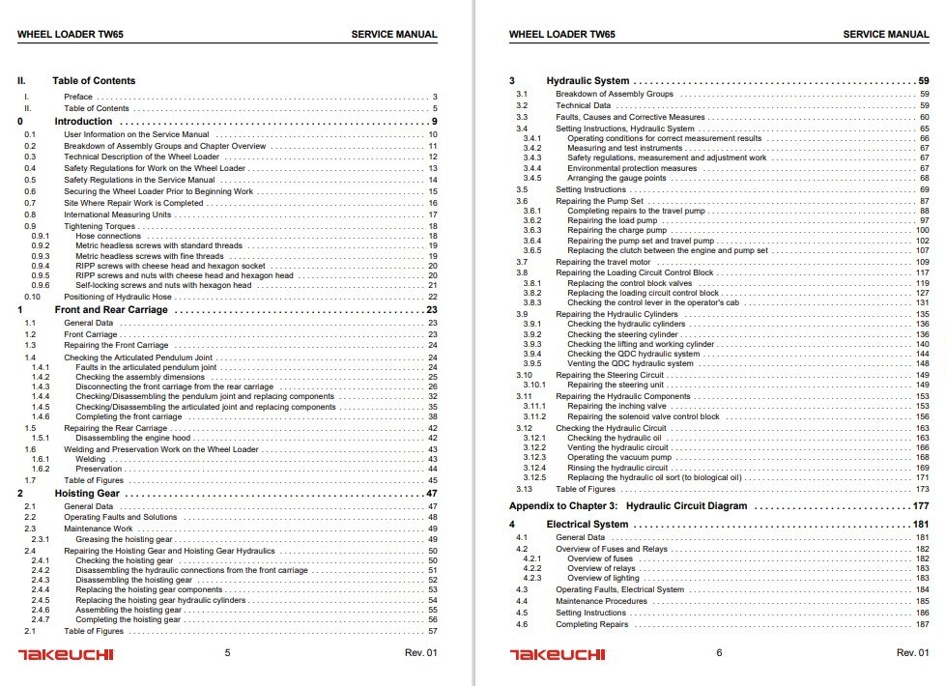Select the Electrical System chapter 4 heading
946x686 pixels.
pyautogui.click(x=588, y=525)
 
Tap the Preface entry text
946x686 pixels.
pyautogui.click(x=78, y=98)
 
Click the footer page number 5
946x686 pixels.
pyautogui.click(x=227, y=653)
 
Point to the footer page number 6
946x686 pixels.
pyautogui.click(x=719, y=653)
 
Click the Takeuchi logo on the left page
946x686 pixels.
pyautogui.click(x=66, y=654)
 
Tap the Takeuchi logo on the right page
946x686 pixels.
pyautogui.click(x=558, y=654)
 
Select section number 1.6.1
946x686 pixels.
pyautogui.click(x=40, y=459)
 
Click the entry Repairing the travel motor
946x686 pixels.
pyautogui.click(x=598, y=262)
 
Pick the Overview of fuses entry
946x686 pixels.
pyautogui.click(x=600, y=558)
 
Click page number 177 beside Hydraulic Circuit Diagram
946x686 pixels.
pyautogui.click(x=919, y=505)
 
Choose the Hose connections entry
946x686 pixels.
pyautogui.click(x=108, y=236)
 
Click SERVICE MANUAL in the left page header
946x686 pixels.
pyautogui.click(x=394, y=35)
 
